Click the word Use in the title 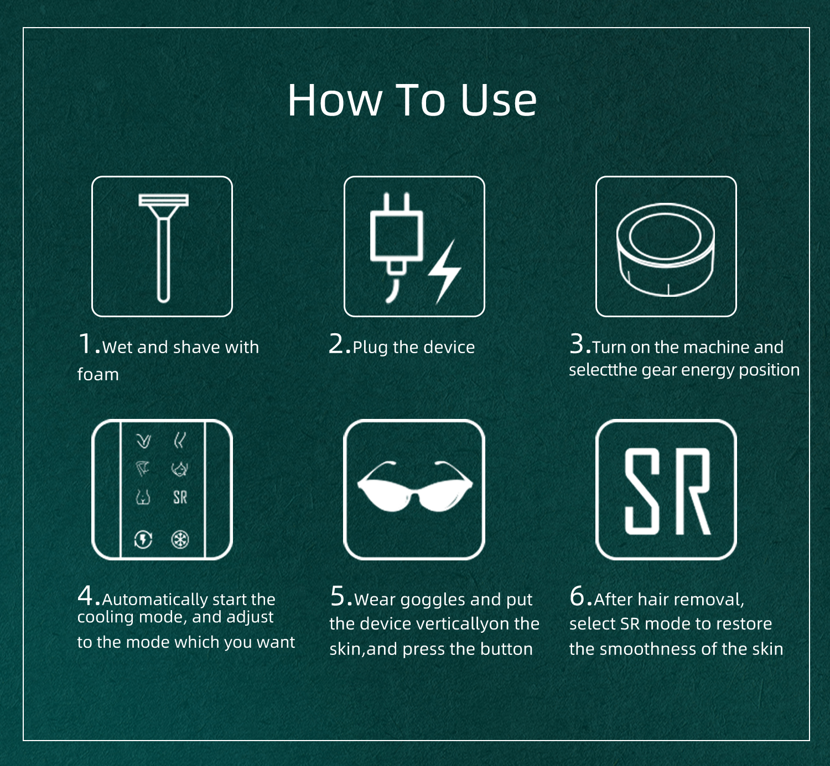coord(498,100)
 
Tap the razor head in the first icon coord(163,200)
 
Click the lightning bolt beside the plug coord(445,272)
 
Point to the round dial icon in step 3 coord(665,249)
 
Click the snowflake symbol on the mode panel coord(180,539)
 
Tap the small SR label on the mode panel coord(180,497)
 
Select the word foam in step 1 coord(98,374)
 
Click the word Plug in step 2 coord(371,348)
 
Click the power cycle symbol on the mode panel coord(143,539)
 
